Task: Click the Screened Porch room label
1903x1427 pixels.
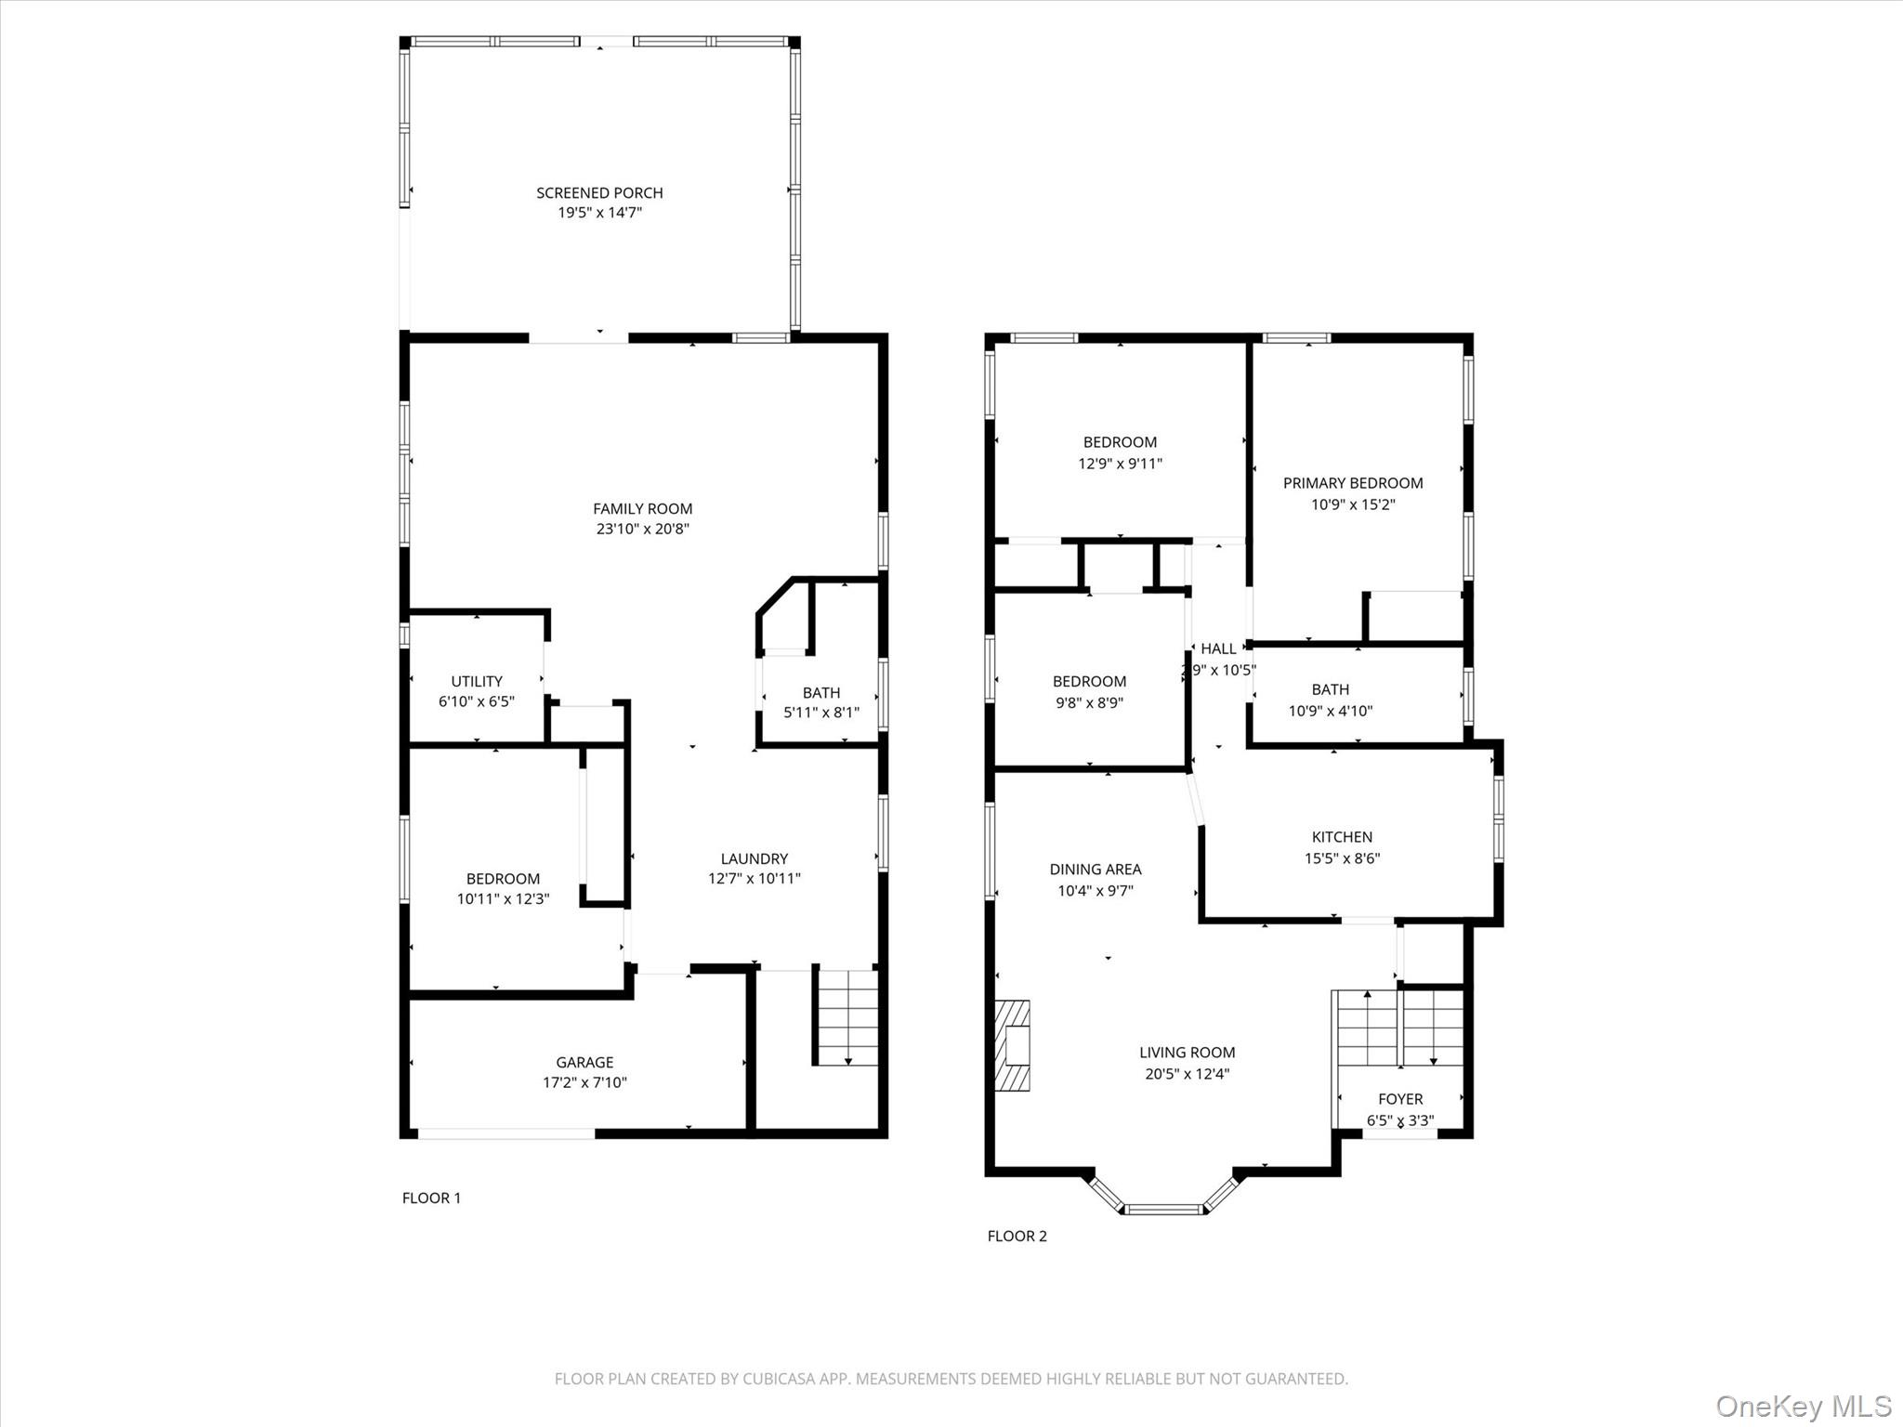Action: click(599, 193)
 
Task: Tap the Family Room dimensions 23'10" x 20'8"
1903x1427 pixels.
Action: click(642, 530)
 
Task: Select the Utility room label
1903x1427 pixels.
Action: click(477, 681)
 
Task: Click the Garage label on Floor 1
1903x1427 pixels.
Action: click(584, 1062)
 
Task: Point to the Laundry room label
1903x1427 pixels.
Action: click(754, 858)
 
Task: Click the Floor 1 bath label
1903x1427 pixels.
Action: click(820, 693)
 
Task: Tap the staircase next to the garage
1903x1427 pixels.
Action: click(847, 1017)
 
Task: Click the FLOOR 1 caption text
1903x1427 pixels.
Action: click(431, 1198)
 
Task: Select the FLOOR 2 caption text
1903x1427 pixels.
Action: click(1017, 1236)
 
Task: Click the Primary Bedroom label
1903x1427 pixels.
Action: click(1352, 483)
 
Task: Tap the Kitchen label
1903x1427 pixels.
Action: click(1341, 837)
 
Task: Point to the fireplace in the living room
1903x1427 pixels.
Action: click(1013, 1045)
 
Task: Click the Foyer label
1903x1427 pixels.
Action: click(1399, 1099)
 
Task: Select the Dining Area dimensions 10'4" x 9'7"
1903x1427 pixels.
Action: click(1095, 891)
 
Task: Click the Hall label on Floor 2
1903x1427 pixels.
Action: click(1218, 648)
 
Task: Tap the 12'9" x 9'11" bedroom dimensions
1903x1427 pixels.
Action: click(1120, 464)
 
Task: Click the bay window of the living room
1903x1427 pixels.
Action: click(1163, 1208)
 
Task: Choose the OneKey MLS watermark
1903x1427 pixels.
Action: click(1803, 1406)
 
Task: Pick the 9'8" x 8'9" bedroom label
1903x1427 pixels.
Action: click(1089, 681)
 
